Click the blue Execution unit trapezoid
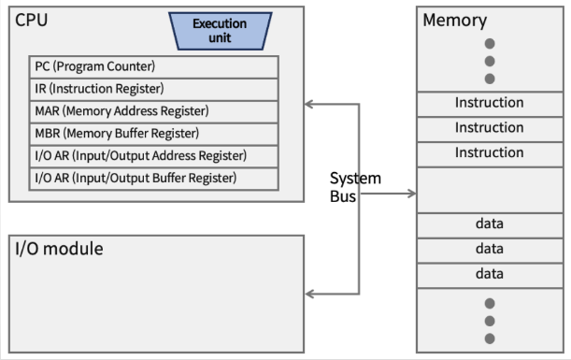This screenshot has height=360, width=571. [221, 31]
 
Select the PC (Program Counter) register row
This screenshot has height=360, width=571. [154, 67]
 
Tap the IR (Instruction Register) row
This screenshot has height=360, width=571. [154, 89]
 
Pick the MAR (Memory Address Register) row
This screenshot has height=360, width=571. [154, 111]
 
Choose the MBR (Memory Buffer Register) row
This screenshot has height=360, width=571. [154, 134]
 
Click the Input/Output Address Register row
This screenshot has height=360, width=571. [154, 156]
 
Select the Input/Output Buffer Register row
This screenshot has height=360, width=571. [154, 179]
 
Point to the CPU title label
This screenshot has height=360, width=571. [32, 20]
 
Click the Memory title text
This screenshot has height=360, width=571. [454, 21]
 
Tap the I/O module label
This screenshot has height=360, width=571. [59, 249]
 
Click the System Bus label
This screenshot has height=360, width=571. [355, 187]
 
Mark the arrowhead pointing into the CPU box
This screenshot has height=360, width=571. [308, 104]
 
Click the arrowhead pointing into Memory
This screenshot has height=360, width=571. [412, 194]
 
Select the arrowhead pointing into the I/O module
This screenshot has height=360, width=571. [309, 294]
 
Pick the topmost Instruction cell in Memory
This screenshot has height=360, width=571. [490, 104]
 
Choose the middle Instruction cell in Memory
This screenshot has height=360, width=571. [490, 129]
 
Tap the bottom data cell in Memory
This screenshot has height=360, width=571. [490, 276]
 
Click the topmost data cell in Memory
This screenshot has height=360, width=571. [490, 225]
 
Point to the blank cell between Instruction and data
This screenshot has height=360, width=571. [490, 190]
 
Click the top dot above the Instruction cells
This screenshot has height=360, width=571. [490, 44]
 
